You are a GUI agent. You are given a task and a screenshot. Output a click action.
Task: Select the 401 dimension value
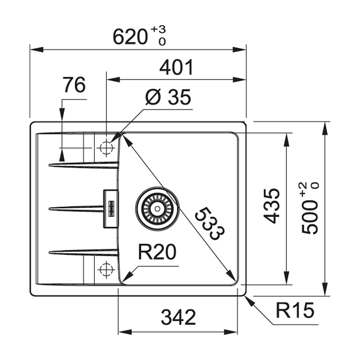176,67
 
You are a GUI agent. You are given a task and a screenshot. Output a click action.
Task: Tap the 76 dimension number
74,85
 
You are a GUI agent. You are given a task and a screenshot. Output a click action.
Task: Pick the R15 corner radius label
295,310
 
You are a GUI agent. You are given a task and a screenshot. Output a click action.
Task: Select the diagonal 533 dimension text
209,223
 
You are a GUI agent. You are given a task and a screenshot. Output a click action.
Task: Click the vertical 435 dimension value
272,206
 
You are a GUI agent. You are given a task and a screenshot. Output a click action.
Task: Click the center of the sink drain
157,208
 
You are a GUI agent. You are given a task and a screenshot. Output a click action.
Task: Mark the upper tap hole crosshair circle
106,147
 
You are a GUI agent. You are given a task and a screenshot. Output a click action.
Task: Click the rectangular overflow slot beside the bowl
111,209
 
